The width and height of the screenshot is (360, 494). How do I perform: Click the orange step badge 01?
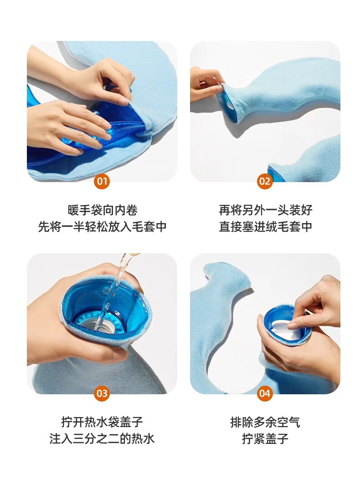(102, 181)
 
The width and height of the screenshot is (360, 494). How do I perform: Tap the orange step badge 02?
(265, 181)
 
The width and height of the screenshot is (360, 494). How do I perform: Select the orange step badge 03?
(102, 393)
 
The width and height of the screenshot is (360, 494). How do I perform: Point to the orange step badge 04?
(265, 393)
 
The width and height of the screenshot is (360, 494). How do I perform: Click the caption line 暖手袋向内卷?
(102, 210)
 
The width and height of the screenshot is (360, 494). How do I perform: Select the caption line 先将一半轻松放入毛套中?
(102, 227)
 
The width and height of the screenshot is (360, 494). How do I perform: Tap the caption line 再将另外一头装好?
(265, 210)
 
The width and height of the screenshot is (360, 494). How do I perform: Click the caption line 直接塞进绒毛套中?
(265, 227)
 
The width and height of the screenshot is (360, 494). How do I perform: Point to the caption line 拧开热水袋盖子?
(102, 422)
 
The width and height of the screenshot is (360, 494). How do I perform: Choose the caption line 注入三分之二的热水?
(102, 438)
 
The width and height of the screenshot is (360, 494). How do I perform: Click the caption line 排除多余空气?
(265, 422)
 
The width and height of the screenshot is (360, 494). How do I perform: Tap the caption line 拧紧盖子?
(265, 438)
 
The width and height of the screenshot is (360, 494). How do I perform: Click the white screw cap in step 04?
(282, 329)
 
